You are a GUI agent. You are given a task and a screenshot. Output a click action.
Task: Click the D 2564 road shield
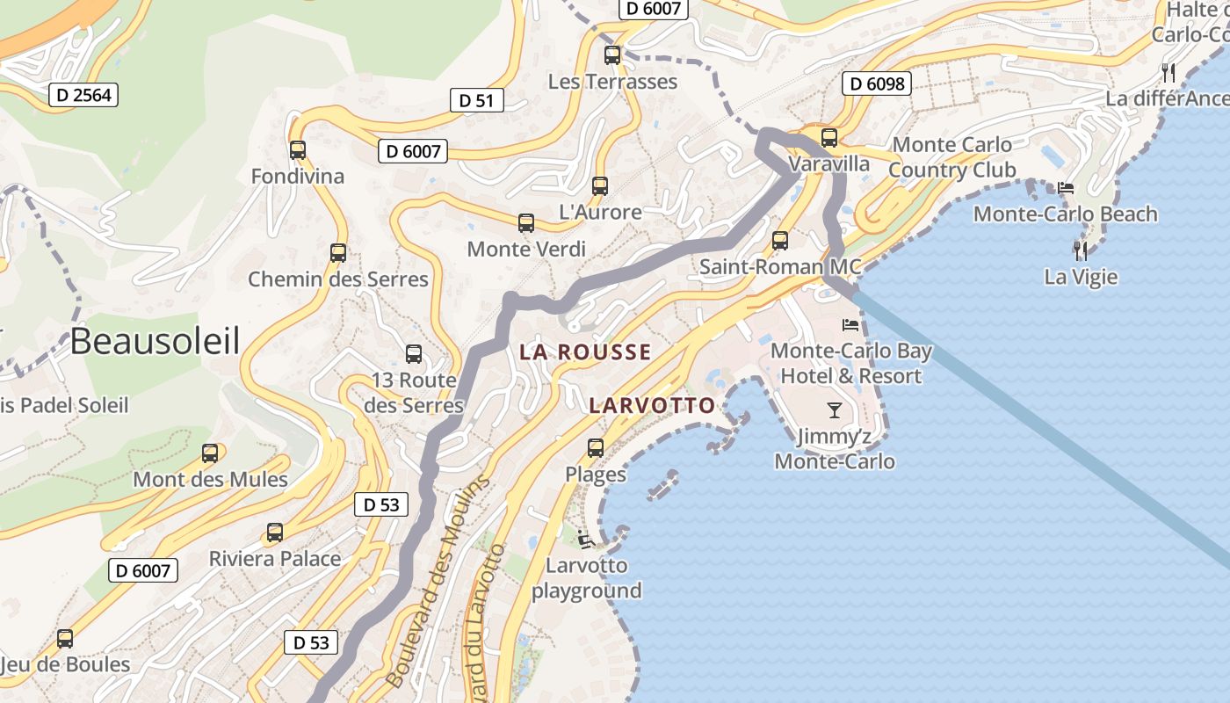click(83, 95)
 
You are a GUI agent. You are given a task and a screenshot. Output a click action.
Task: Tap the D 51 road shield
click(476, 100)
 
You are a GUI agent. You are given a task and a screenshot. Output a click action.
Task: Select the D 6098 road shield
click(876, 83)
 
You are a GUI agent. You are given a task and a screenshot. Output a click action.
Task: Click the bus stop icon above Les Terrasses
click(612, 55)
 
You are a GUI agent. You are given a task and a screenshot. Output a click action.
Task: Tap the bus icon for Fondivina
click(298, 150)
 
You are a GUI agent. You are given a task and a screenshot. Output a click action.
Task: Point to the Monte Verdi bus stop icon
click(526, 223)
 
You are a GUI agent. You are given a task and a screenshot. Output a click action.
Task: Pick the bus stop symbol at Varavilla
click(829, 138)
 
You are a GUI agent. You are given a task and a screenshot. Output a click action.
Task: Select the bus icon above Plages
click(596, 448)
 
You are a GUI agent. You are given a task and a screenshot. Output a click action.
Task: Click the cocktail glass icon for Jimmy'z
click(834, 409)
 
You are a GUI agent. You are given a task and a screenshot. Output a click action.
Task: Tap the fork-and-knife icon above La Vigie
click(1081, 250)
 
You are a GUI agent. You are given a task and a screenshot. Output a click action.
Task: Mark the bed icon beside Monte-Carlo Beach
click(1066, 188)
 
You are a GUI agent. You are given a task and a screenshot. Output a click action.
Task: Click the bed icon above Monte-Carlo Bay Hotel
click(850, 325)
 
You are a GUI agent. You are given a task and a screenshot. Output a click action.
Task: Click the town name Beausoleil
click(155, 341)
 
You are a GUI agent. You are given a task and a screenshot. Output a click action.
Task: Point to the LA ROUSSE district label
click(585, 352)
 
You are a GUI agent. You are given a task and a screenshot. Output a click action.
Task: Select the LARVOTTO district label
click(652, 406)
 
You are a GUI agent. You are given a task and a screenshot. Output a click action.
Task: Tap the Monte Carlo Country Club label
click(951, 157)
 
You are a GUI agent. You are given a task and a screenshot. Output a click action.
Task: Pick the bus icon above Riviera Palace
click(275, 533)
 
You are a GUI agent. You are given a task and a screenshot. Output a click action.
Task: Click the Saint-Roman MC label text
click(780, 267)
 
